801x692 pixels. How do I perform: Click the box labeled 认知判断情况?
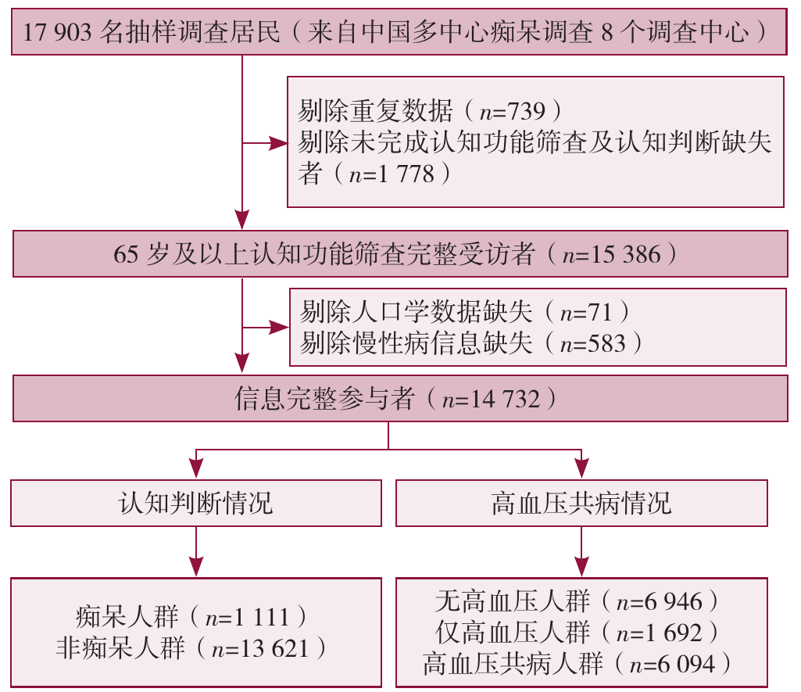click(196, 503)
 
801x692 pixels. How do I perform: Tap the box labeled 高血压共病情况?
click(581, 503)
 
